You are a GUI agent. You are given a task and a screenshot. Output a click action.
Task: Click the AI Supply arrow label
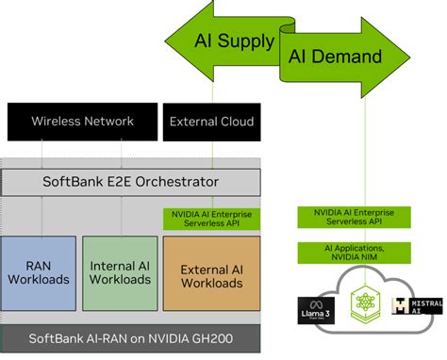234,41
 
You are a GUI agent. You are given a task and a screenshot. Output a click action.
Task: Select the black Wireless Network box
82,122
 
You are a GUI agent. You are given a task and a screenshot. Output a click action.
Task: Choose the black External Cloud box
212,122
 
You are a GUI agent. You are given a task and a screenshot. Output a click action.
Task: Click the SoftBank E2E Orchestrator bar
129,181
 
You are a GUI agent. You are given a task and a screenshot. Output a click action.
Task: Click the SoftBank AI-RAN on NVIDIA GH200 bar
129,338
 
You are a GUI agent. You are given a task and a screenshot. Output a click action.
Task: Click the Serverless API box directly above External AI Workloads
212,218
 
